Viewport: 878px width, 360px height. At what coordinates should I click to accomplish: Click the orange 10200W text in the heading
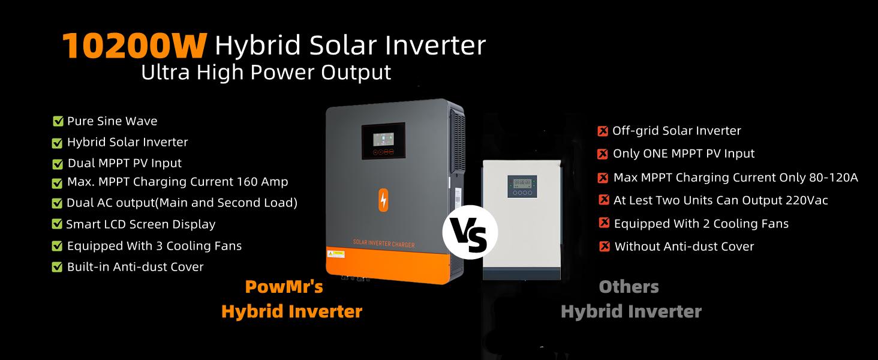[x=134, y=46]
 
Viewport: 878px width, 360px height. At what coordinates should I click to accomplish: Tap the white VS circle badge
[x=470, y=232]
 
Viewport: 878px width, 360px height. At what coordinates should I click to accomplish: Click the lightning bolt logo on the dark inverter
[x=383, y=200]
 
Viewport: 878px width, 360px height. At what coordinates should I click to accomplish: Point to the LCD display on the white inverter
[x=520, y=183]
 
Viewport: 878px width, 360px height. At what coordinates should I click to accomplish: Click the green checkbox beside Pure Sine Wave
[x=58, y=121]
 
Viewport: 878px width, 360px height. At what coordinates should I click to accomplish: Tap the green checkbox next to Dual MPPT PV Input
[x=58, y=164]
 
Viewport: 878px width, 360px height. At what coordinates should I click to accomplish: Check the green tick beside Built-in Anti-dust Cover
[x=58, y=267]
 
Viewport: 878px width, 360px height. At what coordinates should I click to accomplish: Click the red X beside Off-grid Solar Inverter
[x=603, y=131]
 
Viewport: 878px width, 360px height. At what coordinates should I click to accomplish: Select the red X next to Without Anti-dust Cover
[x=605, y=247]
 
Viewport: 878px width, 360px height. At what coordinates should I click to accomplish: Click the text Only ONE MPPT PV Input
[x=684, y=154]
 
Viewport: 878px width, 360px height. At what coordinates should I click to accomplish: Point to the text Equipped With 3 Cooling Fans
[x=154, y=246]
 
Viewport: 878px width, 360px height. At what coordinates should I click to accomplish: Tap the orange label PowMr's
[x=284, y=287]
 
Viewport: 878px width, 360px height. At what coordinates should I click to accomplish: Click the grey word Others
[x=629, y=287]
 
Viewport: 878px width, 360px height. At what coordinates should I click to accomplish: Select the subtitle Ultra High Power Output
[x=266, y=73]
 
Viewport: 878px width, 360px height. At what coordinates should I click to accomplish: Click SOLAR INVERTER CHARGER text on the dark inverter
[x=383, y=244]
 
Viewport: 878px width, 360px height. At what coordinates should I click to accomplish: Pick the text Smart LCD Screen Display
[x=140, y=224]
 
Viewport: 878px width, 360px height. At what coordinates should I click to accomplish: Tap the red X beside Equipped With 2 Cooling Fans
[x=605, y=223]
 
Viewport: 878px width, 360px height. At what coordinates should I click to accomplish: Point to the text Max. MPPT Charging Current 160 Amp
[x=178, y=181]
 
